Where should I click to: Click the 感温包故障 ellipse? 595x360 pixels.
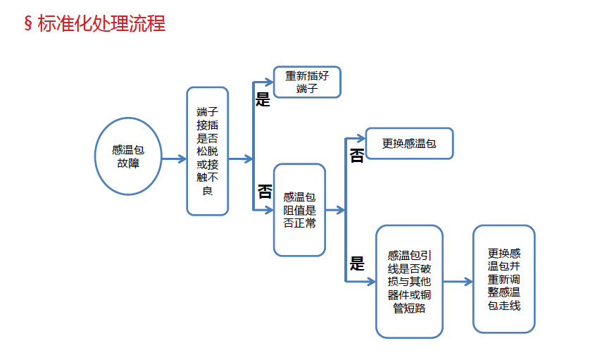coord(129,156)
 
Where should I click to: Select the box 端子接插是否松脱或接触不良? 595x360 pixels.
coord(207,151)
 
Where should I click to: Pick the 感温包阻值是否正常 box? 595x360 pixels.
coord(299,210)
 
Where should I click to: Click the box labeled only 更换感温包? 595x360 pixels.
coord(409,144)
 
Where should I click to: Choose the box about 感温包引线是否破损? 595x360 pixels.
coord(409,281)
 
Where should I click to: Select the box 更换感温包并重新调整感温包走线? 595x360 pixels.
coord(503,279)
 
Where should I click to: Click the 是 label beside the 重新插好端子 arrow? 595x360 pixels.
coord(263,99)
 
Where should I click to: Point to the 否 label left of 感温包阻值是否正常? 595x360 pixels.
coord(264,191)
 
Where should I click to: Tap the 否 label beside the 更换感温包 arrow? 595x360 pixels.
coord(357,156)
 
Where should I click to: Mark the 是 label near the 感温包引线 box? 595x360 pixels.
coord(357,264)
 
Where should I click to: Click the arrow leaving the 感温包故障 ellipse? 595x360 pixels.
coord(174,159)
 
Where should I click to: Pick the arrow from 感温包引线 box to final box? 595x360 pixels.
coord(458,282)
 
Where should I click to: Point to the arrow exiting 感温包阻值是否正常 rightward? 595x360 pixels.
coord(335,210)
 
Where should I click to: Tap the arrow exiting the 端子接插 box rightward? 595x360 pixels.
coord(240,159)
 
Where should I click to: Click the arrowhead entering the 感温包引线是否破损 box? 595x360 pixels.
coord(370,282)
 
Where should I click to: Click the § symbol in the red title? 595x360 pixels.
coord(28,24)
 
